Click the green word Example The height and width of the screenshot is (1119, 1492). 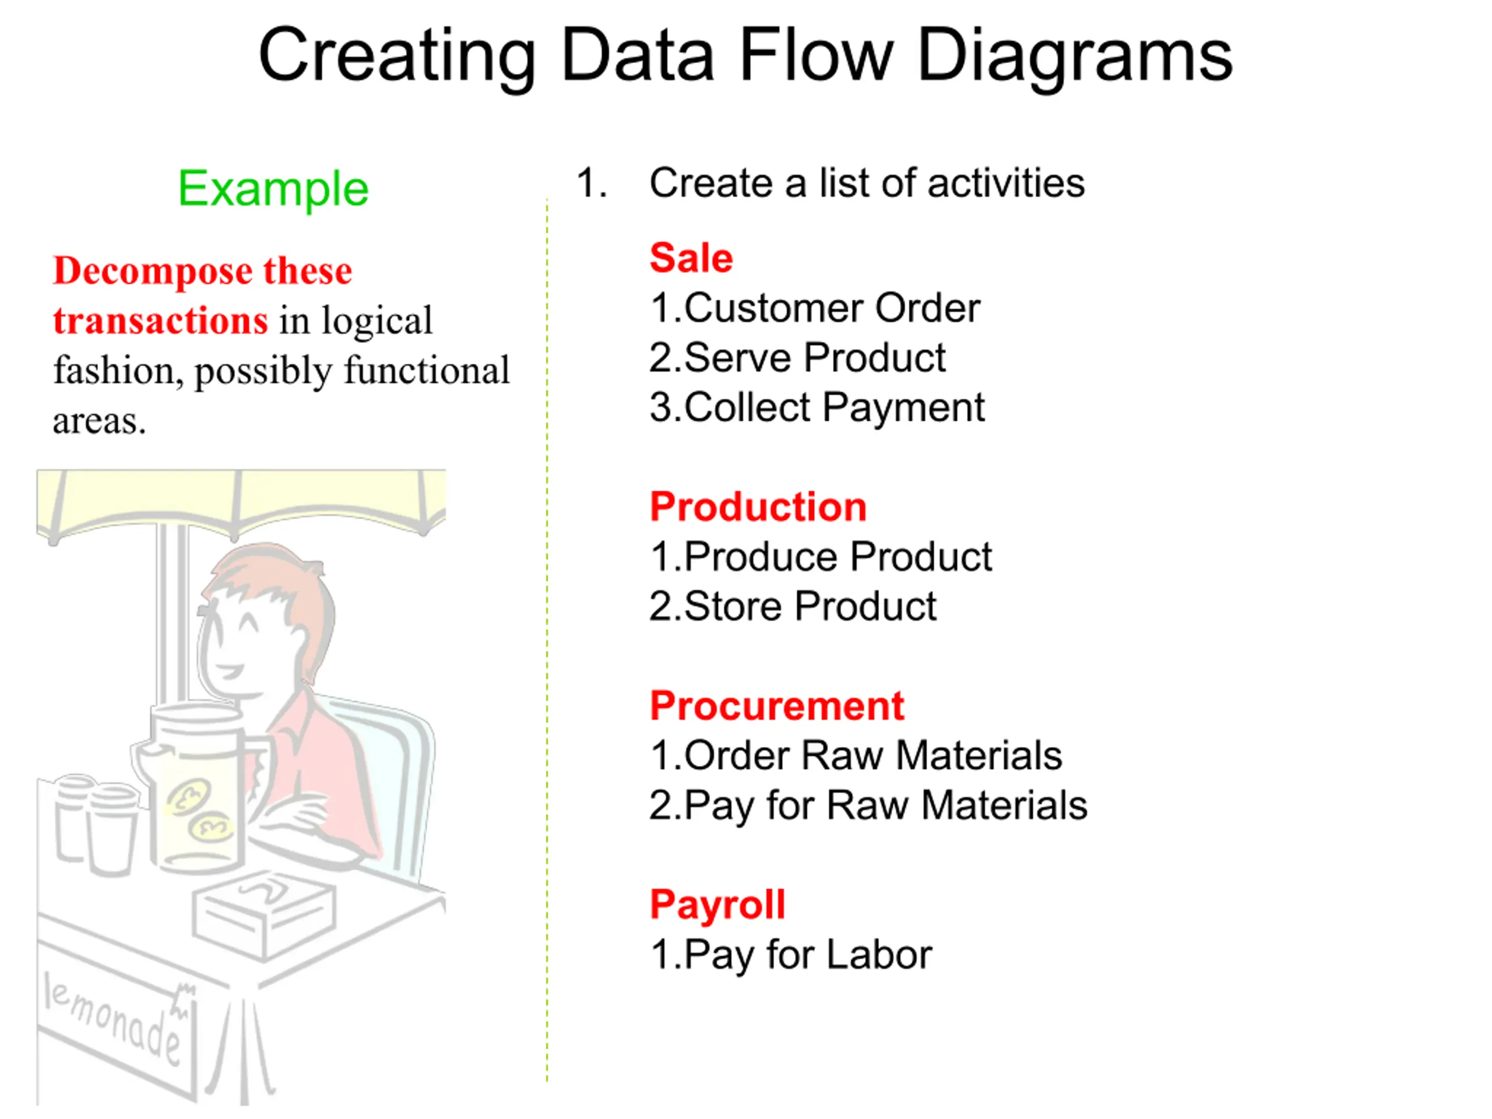[273, 188]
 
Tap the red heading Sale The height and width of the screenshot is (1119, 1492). [691, 258]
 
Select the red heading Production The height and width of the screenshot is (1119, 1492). [758, 506]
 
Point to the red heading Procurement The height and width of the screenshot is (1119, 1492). [777, 706]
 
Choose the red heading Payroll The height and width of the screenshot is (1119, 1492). [717, 905]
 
